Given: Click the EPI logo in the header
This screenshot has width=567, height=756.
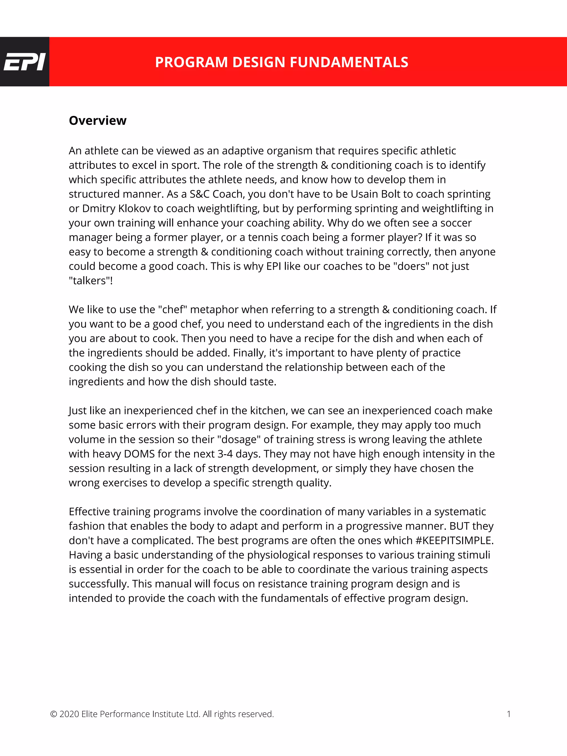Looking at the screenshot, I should click(x=24, y=62).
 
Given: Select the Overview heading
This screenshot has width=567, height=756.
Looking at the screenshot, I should click(x=97, y=121).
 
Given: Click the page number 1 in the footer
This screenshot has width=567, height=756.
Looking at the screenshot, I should click(x=509, y=714).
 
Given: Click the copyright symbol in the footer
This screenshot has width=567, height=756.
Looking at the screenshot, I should click(x=53, y=714).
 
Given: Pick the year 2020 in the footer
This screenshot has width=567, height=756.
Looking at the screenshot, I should click(x=69, y=714).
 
